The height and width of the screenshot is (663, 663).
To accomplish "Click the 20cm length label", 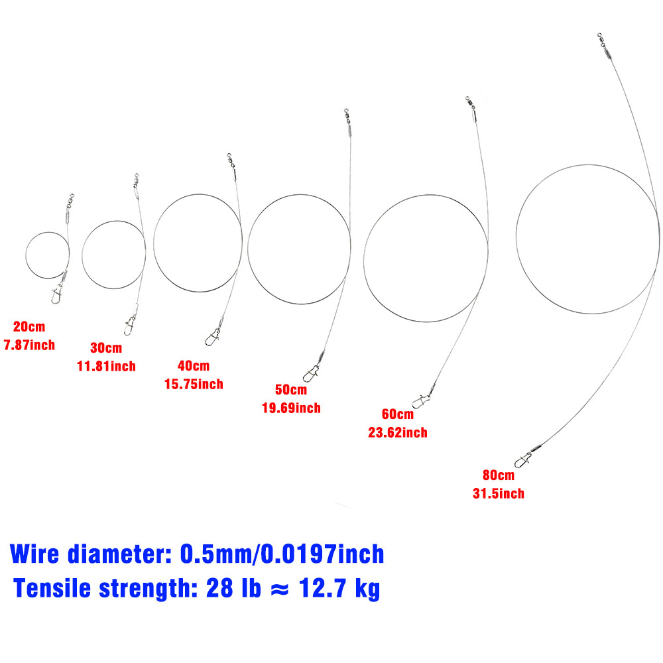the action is pos(29,326).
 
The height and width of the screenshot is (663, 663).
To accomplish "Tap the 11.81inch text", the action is pos(106,366).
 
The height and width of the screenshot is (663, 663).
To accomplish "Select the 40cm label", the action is pos(194,365).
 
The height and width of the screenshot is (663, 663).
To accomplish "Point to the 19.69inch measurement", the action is pos(291,408).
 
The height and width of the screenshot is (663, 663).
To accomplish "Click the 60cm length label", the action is pos(398,414).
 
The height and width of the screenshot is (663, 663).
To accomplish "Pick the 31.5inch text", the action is pos(499,493).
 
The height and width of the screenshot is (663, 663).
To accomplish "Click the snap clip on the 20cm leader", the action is pos(56,294).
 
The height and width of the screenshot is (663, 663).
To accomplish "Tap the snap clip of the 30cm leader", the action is pos(129,325).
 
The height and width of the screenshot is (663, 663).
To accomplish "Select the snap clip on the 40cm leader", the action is pos(212,337).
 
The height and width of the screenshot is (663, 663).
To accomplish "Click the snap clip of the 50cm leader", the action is pos(311,373).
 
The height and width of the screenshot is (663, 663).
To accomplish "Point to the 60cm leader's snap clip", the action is pos(422,400).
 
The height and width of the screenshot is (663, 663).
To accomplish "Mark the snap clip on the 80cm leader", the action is pos(524,459).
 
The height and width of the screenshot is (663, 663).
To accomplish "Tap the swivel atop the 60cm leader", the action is pos(469,102).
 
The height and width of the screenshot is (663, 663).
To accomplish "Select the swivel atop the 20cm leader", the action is pos(70,201).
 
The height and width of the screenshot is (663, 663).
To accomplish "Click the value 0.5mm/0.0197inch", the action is pos(282,554).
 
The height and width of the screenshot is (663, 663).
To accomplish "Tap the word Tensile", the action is pos(52,588).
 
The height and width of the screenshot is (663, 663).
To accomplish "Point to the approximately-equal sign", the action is pos(280,589).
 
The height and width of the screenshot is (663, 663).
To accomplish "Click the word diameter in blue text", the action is pos(119,554).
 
